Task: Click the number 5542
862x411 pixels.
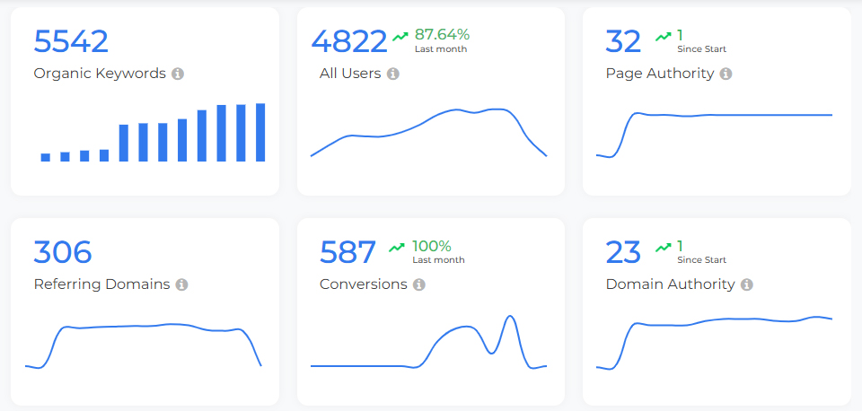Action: [71, 41]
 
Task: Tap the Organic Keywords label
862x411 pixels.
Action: [100, 74]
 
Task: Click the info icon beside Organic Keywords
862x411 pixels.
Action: [178, 74]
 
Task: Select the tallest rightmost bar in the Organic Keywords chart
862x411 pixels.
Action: [260, 133]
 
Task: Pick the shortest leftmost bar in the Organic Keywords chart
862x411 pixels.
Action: [46, 157]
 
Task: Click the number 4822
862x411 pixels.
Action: [349, 41]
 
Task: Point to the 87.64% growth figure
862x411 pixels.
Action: [442, 34]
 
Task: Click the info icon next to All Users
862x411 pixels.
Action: [392, 74]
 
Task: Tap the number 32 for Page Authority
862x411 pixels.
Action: [623, 41]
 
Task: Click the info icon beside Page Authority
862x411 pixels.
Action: [726, 74]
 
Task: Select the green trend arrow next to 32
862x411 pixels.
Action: [663, 36]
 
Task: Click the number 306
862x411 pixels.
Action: [63, 252]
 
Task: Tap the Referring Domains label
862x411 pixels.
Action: [101, 284]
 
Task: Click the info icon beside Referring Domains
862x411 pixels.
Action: [181, 284]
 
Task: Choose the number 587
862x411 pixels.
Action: [347, 252]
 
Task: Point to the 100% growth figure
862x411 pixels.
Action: [431, 246]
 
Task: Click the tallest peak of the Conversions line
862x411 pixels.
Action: [510, 317]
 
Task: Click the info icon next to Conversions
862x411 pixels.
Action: [418, 284]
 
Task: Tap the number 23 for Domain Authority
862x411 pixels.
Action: [623, 252]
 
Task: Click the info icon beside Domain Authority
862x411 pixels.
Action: [746, 284]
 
